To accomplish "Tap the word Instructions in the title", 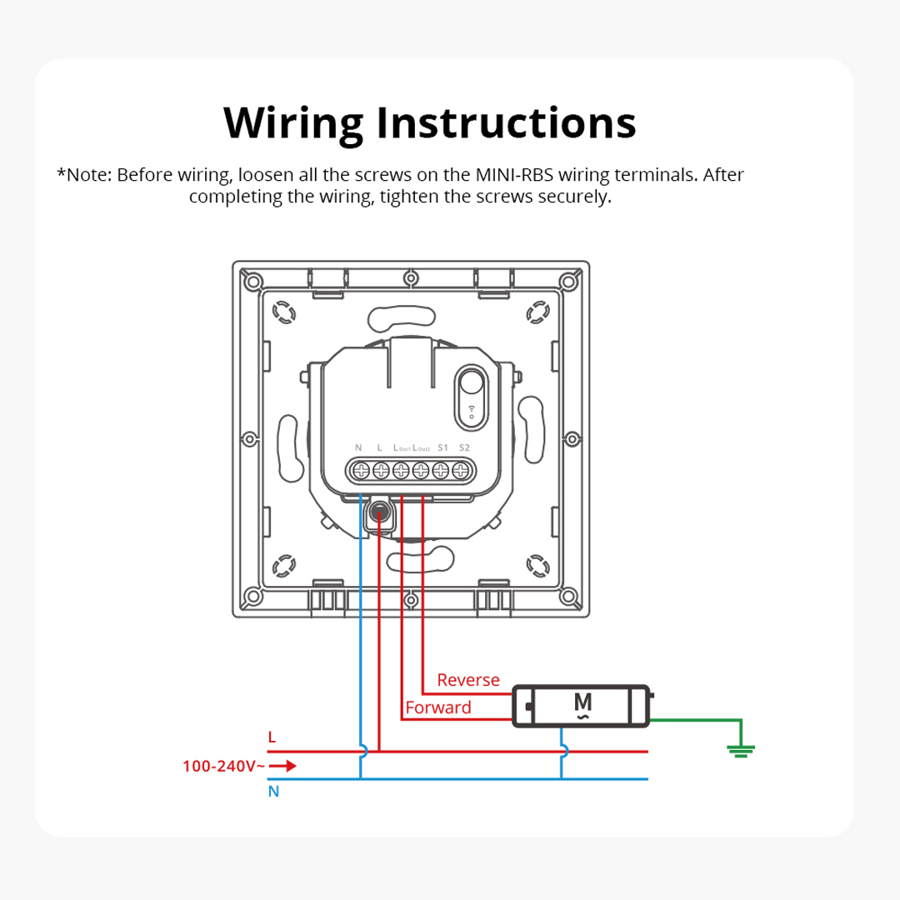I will coord(506,122).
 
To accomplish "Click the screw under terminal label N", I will coord(361,471).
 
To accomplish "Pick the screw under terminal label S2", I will coord(461,471).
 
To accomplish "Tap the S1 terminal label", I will coord(443,448).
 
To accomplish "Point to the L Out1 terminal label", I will coord(402,448).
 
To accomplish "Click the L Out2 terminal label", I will coord(422,448).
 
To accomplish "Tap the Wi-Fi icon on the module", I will coord(472,409).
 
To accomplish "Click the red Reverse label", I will coord(468,680).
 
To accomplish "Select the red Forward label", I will coord(438,707).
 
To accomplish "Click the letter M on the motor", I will coord(583,702).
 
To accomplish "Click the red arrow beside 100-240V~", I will coord(283,766).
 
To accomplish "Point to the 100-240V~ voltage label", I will coord(224,766).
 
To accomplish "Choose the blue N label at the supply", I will coord(273,792).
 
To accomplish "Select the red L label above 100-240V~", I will coord(272,737).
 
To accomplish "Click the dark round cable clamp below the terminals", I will coord(380,515).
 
